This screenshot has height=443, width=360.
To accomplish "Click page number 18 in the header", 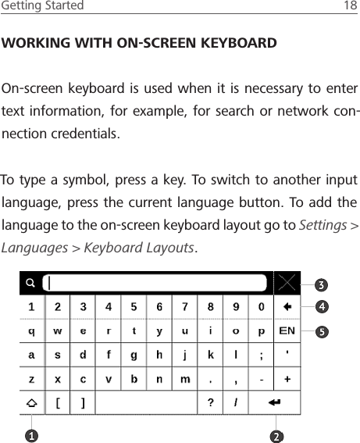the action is tap(351, 6).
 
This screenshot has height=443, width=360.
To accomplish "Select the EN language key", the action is tap(287, 330).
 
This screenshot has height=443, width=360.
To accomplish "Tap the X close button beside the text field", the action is tap(287, 282).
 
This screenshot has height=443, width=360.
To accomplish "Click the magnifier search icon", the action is tap(30, 283).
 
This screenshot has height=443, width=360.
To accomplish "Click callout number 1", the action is tap(31, 433).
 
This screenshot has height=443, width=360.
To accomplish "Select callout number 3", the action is tap(320, 283).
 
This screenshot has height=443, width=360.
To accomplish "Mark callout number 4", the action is tap(320, 306).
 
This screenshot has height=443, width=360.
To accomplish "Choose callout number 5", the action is tap(320, 330).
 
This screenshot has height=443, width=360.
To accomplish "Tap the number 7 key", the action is tap(185, 307).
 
